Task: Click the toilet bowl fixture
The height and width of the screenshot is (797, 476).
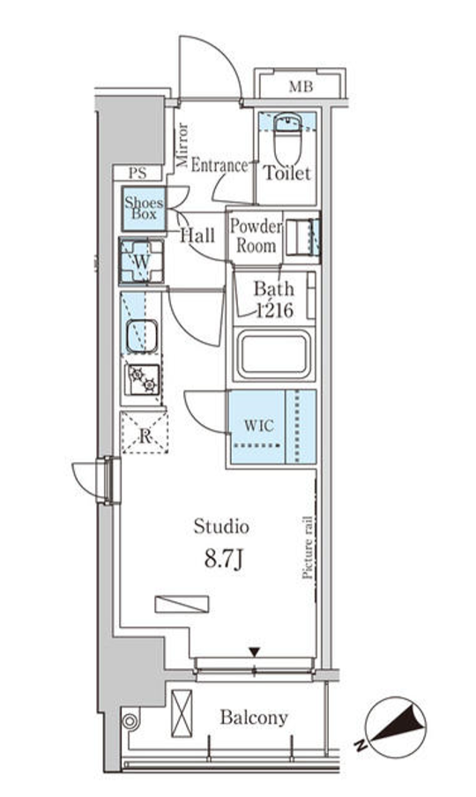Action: [287, 138]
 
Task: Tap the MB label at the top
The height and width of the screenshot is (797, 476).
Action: [301, 87]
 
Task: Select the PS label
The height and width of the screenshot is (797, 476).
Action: [138, 173]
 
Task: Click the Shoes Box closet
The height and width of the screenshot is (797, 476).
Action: [145, 208]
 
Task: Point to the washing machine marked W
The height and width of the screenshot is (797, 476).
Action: [142, 261]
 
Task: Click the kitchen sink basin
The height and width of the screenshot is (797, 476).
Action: [141, 336]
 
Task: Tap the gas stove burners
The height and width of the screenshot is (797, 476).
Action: [143, 380]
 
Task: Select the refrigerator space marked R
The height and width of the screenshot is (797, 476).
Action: [145, 433]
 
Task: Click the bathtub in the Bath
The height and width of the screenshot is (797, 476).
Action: [274, 354]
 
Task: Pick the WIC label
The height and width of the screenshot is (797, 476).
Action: [259, 425]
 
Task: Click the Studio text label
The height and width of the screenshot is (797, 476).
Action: [221, 526]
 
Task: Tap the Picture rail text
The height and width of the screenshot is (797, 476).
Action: [308, 547]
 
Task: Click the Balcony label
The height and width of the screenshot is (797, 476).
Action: [254, 717]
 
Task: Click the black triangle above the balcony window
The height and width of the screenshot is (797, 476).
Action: [255, 652]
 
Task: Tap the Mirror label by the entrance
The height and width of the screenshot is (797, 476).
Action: [182, 145]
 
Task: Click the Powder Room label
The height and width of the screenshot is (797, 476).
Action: [256, 236]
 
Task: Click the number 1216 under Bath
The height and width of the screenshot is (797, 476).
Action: [274, 309]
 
